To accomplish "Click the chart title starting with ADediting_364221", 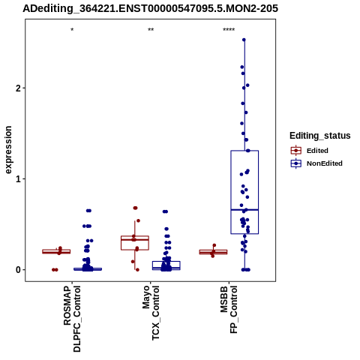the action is [x=150, y=8].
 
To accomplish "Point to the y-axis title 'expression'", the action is [x=8, y=150].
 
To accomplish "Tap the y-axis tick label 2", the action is [x=18, y=88].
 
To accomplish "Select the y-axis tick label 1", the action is [x=18, y=179].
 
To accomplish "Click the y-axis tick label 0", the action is [x=18, y=270].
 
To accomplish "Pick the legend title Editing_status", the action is [x=320, y=136].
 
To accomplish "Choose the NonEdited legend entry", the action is [x=316, y=163].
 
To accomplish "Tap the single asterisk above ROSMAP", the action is [x=72, y=30].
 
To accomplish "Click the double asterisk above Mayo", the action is [x=151, y=30].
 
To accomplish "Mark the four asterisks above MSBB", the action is [x=229, y=30].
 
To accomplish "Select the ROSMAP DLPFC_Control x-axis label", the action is [x=72, y=319].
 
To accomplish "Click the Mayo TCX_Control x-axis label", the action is [x=151, y=313].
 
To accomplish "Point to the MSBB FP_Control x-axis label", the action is [x=229, y=310].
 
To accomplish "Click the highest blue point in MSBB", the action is [x=244, y=40].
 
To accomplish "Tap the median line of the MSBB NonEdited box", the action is [x=244, y=210].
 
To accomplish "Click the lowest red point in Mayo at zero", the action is [x=137, y=270].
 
